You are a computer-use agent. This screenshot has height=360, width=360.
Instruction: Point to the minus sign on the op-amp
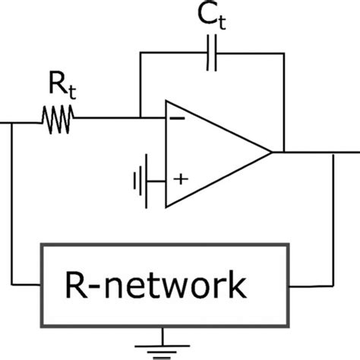pyautogui.click(x=177, y=118)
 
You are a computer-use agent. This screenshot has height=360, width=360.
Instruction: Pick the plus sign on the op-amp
pyautogui.click(x=180, y=179)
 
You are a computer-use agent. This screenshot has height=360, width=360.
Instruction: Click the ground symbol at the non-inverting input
pyautogui.click(x=137, y=181)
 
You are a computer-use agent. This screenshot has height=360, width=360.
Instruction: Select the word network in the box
pyautogui.click(x=191, y=286)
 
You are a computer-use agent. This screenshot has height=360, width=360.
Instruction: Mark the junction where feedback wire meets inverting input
pyautogui.click(x=140, y=118)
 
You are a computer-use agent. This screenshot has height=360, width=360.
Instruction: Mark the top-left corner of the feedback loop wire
pyautogui.click(x=140, y=54)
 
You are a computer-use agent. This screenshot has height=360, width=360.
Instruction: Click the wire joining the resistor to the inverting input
pyautogui.click(x=106, y=118)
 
